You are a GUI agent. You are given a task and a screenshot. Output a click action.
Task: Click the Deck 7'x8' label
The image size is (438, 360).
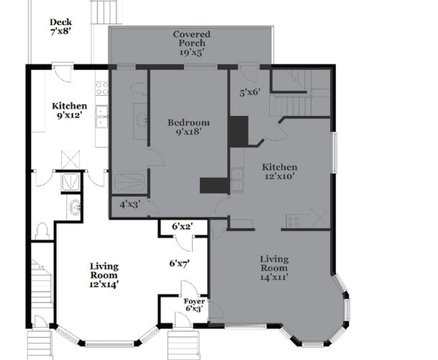pos(60,27)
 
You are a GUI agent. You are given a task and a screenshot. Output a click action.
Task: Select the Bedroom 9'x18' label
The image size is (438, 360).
pos(188,127)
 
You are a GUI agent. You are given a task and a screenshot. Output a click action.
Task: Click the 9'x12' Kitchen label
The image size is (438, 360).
pos(70,110)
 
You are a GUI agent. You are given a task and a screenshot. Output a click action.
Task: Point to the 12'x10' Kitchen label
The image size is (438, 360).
pos(279,171)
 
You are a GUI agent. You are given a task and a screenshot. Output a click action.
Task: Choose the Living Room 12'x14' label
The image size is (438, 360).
pos(104,275)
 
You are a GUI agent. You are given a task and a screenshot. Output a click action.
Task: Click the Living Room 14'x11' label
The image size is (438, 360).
pos(274,268)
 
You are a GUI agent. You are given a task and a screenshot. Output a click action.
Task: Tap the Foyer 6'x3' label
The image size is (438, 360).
pos(194,305)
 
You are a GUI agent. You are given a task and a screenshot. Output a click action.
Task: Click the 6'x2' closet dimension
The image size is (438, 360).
pos(183,226)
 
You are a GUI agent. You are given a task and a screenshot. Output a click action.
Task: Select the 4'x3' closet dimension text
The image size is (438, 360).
pos(130,204)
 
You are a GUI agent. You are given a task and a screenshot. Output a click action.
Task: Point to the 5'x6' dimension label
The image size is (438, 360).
pos(250,92)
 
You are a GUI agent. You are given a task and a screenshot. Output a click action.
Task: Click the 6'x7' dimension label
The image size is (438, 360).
pos(179,264)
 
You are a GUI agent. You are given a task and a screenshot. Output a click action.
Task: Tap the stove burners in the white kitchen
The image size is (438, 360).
pos(101,88)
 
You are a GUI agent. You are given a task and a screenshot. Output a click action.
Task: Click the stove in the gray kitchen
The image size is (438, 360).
pos(293,221)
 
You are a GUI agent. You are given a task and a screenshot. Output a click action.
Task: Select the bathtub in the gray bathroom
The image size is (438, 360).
pos(130,182)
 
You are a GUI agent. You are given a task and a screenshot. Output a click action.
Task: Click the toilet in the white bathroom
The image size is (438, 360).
pos(42,231)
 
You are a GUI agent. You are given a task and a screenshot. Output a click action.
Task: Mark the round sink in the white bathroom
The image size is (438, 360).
pos(75,207)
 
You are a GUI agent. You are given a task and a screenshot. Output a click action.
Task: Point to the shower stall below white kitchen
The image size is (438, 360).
pos(70,182)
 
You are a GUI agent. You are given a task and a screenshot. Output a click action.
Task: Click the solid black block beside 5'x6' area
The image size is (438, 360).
pos(238,132)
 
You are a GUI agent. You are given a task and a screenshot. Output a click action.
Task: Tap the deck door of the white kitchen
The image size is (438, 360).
pos(63,74)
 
